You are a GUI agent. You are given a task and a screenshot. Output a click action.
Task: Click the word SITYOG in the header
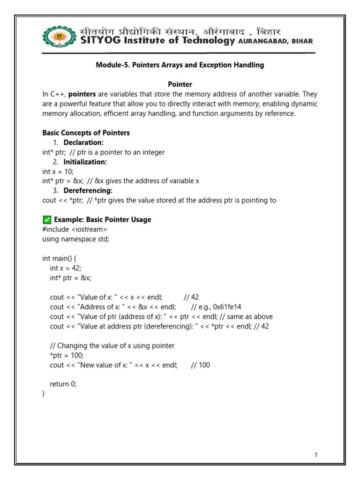click(100, 41)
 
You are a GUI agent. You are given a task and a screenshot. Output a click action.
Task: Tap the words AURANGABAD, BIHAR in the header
click(276, 41)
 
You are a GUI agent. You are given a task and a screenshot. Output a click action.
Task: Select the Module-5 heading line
click(180, 65)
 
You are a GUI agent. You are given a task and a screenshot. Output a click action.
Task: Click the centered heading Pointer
click(180, 84)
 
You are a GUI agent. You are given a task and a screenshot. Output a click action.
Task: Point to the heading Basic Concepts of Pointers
click(86, 133)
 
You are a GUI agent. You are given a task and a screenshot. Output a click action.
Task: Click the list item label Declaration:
click(83, 142)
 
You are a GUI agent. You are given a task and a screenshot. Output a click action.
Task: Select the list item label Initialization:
click(85, 162)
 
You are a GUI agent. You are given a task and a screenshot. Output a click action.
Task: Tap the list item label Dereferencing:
click(88, 191)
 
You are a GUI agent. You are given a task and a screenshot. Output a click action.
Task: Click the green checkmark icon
click(46, 219)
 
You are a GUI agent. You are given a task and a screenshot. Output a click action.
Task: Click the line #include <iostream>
click(75, 229)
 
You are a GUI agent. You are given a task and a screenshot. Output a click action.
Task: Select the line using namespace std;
click(75, 239)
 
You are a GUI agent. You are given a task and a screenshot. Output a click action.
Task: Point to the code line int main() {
click(59, 258)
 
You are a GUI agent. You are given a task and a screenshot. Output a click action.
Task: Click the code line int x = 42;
click(66, 268)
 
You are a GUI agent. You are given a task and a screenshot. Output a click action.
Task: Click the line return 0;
click(63, 384)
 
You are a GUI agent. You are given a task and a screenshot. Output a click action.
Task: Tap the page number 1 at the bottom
click(316, 455)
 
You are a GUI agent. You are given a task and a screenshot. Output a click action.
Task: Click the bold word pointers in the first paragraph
click(82, 94)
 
